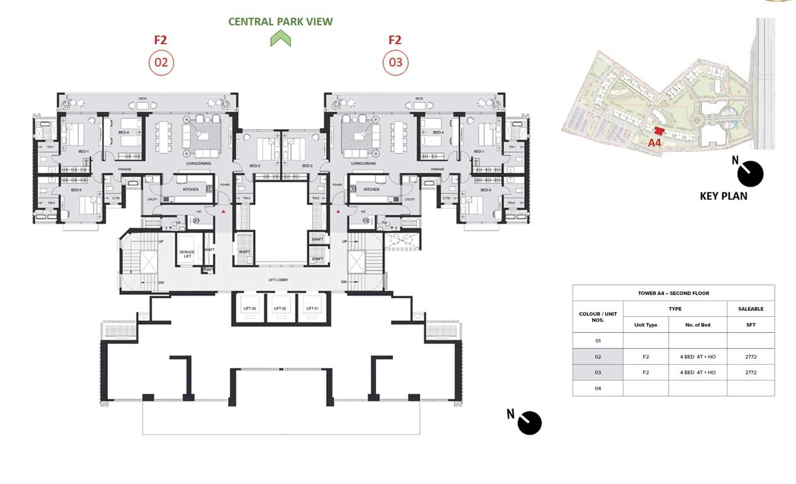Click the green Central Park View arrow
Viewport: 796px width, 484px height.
click(281, 39)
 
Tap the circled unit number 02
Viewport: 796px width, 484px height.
click(161, 63)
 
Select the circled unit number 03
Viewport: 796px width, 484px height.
click(395, 63)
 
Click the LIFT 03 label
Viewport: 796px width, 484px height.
click(249, 308)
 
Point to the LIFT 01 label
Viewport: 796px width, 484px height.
click(310, 308)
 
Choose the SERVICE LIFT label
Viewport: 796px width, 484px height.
click(187, 254)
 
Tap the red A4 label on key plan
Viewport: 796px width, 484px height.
click(654, 143)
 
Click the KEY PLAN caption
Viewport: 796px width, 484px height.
click(723, 196)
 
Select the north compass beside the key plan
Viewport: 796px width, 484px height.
click(750, 173)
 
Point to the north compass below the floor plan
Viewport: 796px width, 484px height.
click(529, 422)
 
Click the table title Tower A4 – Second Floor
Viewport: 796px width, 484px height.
click(673, 293)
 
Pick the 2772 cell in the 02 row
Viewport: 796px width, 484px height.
click(750, 357)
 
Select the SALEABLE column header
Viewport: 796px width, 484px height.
click(750, 309)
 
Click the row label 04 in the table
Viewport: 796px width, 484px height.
click(597, 388)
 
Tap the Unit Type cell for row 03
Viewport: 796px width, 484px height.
click(645, 372)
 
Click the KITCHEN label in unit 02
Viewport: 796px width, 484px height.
click(190, 189)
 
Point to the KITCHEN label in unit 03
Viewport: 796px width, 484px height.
click(372, 189)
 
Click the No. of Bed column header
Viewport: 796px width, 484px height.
click(698, 325)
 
